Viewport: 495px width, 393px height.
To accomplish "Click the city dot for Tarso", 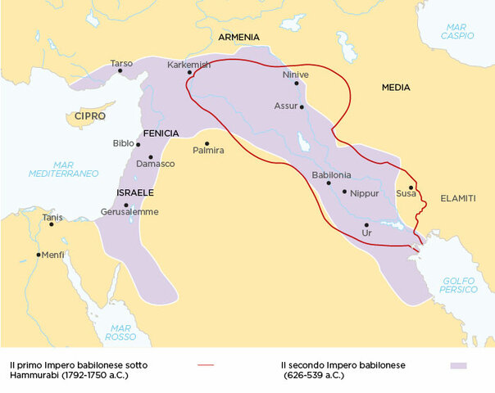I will click(120, 70).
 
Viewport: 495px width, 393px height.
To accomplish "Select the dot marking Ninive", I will click(297, 83).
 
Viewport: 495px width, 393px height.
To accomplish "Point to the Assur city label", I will click(286, 106).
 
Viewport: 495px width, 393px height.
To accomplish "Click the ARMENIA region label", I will click(239, 38).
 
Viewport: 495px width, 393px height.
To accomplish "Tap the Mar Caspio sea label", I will click(456, 30).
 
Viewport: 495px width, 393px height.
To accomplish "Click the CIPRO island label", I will click(89, 116).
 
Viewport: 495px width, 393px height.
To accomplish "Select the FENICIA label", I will click(161, 133).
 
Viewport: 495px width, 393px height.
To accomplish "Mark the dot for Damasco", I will click(151, 157).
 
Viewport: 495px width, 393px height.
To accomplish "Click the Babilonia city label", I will click(332, 174).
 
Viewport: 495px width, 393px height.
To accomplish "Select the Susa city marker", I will click(411, 187).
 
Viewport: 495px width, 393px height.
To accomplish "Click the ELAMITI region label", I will click(457, 198).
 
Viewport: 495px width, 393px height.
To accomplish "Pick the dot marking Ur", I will click(366, 224).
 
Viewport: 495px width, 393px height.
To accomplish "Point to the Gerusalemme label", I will click(131, 212).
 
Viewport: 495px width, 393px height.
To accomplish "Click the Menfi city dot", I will click(39, 255).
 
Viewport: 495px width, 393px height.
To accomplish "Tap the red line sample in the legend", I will click(206, 365).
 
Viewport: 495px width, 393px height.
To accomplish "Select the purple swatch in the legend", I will click(458, 365).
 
